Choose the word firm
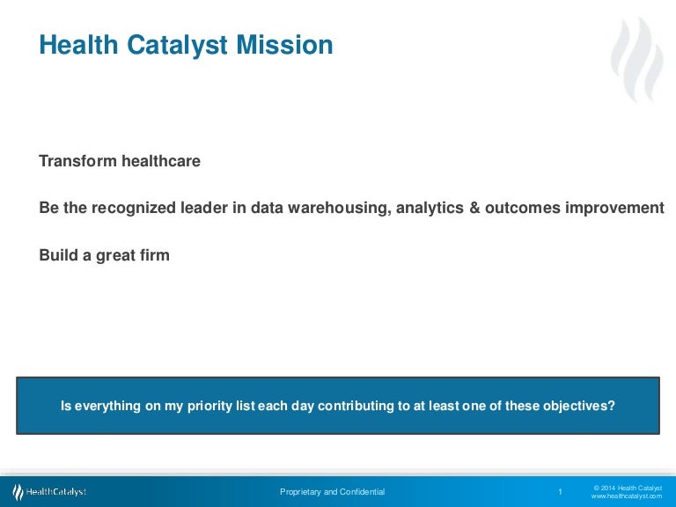tap(153, 255)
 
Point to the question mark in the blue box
tap(612, 406)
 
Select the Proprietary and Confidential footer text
tap(332, 492)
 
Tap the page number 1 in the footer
tap(560, 492)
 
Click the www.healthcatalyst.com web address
tap(626, 496)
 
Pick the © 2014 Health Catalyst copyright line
tap(628, 487)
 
